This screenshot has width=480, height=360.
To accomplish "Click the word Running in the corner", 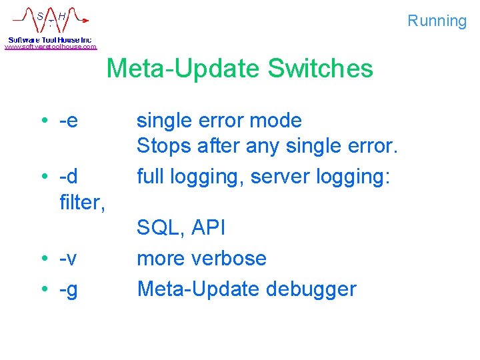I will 437,21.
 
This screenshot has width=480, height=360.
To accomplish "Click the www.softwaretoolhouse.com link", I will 51,47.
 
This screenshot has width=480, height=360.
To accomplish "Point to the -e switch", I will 68,121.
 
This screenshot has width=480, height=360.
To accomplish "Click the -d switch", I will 68,177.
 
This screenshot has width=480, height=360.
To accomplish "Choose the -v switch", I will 68,258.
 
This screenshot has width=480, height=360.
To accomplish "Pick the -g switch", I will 68,289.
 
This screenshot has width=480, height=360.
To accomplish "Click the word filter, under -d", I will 82,202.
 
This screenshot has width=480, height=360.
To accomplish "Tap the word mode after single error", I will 275,121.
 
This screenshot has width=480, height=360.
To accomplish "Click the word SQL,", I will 161,228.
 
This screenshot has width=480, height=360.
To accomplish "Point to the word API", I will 208,228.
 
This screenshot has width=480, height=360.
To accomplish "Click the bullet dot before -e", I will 43,121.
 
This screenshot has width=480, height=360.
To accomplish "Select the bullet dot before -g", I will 43,289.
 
